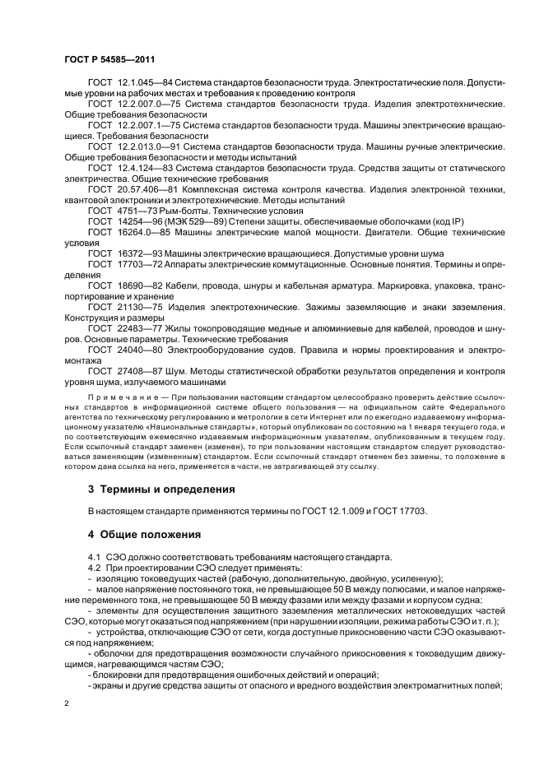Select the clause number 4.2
93,568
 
